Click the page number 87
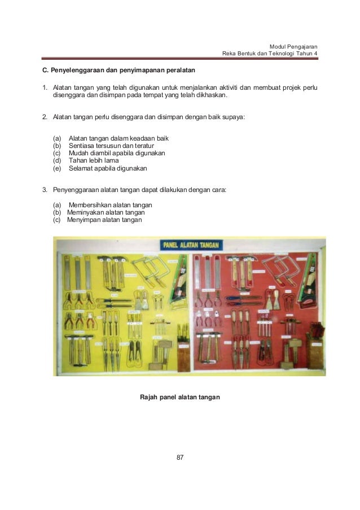[180, 457]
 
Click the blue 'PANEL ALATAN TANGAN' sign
[192, 245]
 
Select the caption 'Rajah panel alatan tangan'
[179, 398]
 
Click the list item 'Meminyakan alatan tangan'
[106, 212]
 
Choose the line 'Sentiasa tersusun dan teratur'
[111, 146]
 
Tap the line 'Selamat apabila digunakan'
[107, 168]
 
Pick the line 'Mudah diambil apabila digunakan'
[117, 153]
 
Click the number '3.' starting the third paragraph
[46, 190]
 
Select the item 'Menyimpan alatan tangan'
[104, 220]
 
